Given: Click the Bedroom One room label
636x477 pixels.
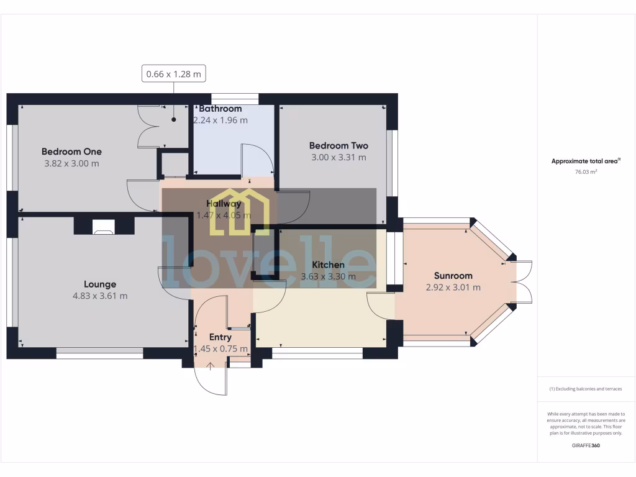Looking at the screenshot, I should [x=71, y=152].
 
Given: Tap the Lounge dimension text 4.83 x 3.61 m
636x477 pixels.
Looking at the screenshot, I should [x=100, y=296].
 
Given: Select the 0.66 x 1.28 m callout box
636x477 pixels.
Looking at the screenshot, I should [x=173, y=74].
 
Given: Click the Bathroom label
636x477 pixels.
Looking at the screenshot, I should [x=220, y=109].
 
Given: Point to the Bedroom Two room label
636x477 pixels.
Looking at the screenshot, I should [x=338, y=146].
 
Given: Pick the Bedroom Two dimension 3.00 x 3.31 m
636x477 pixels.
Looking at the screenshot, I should [x=338, y=158].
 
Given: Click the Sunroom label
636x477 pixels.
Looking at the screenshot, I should [x=453, y=276].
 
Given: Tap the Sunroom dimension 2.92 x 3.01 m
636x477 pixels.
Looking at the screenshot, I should [x=453, y=288].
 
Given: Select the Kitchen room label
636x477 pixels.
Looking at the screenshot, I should [x=328, y=265].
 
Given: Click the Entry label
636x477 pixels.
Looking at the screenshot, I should [x=220, y=337].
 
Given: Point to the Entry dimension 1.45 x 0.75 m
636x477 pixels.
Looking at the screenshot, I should [x=220, y=349].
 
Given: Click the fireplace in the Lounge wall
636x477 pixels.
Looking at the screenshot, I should [x=103, y=227].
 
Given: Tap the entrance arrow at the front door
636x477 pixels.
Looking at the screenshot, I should [x=210, y=366].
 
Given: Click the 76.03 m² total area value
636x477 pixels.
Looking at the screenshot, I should [x=586, y=172].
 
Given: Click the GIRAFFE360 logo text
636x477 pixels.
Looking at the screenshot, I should [x=586, y=445].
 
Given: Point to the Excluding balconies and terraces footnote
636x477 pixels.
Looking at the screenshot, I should [x=586, y=389].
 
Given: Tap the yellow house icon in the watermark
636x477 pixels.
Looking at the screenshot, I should [x=238, y=212].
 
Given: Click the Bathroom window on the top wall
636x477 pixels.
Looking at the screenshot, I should [x=234, y=99].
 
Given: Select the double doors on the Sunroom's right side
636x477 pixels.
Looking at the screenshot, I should [x=522, y=283].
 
